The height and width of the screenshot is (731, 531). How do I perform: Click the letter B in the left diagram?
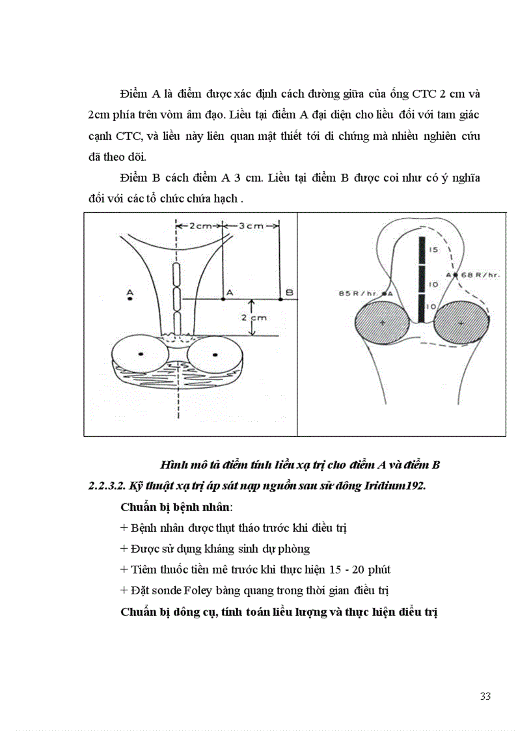point(290,293)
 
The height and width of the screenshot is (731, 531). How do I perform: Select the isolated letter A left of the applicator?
point(129,291)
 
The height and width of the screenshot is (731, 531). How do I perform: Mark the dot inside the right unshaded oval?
point(215,353)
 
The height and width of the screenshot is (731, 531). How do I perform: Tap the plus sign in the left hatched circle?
point(383,322)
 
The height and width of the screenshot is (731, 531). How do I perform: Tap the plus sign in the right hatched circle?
point(461,322)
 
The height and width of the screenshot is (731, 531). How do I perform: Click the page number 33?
point(485,697)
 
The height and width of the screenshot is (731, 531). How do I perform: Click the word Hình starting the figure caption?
point(173,465)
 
